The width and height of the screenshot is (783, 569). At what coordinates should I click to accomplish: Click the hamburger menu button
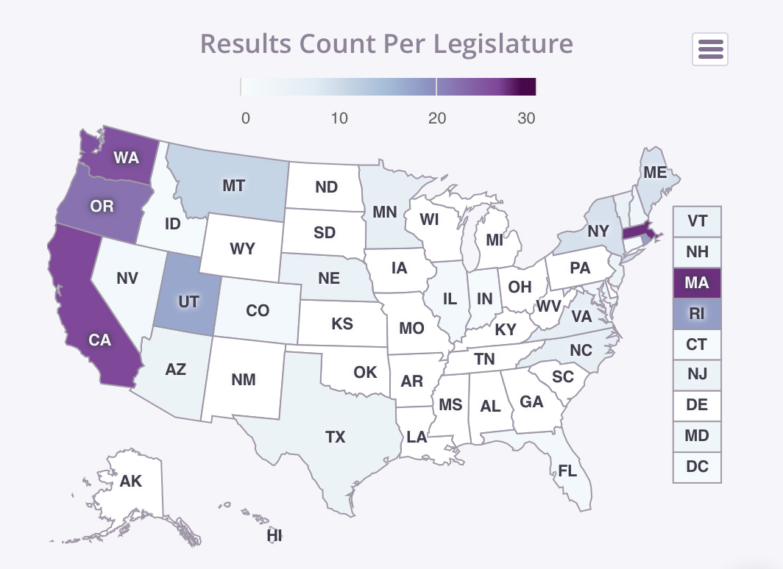(x=710, y=49)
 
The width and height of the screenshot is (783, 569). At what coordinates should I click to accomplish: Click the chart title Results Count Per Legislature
(x=386, y=43)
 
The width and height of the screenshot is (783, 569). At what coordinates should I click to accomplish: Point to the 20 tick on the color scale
(x=437, y=118)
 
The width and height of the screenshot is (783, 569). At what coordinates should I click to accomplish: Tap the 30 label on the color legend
(x=526, y=118)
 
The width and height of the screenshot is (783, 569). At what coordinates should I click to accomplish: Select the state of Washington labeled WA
(x=126, y=157)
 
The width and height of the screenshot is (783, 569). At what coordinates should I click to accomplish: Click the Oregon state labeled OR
(x=102, y=206)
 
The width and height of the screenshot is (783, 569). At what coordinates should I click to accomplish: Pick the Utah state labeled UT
(x=188, y=301)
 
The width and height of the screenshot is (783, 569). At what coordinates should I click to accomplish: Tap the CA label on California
(x=99, y=340)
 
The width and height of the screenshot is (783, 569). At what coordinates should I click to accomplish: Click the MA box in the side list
(x=697, y=283)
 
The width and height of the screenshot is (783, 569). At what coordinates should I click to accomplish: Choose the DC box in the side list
(x=697, y=467)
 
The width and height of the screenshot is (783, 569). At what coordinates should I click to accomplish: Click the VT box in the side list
(x=697, y=221)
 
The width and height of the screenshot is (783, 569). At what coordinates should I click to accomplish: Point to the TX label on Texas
(x=335, y=437)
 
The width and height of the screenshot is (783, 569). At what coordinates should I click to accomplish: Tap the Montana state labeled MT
(x=233, y=185)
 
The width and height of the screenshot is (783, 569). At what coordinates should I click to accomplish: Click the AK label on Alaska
(x=131, y=482)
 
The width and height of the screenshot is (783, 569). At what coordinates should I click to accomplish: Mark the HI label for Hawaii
(x=274, y=536)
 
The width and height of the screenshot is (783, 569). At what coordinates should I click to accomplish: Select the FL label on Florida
(x=567, y=471)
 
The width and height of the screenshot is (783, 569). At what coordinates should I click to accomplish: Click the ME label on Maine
(x=654, y=173)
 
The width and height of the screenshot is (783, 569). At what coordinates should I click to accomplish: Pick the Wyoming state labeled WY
(x=242, y=248)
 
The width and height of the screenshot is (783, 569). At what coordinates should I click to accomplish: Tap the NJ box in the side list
(x=697, y=375)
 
